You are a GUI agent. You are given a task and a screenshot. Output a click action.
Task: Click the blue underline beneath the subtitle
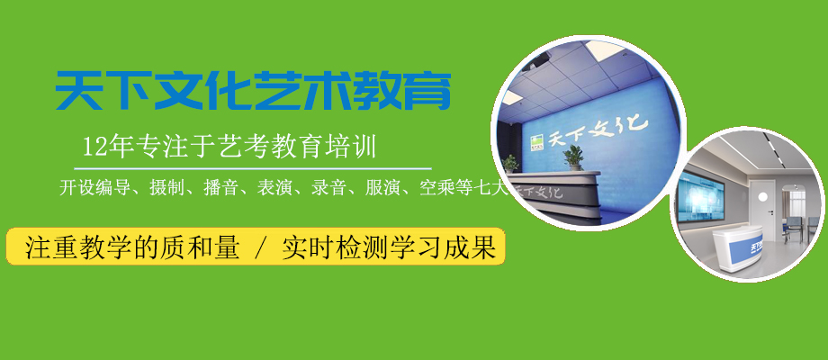(x=252, y=168)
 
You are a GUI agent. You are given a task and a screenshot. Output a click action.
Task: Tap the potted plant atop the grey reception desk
(x=572, y=158)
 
